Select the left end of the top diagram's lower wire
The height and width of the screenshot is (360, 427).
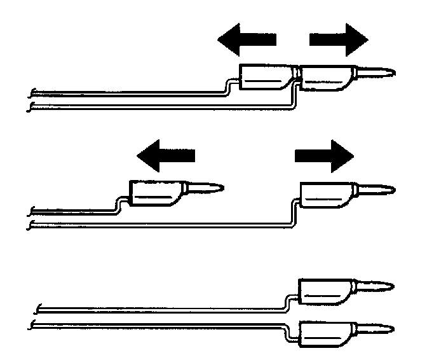coord(32,108)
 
